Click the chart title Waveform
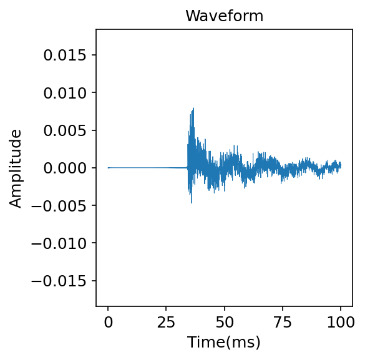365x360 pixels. click(225, 16)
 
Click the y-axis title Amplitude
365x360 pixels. click(16, 168)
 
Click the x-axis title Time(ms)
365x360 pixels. click(225, 342)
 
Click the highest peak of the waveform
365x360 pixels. click(193, 109)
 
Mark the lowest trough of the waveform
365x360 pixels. click(191, 202)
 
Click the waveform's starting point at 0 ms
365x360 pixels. click(108, 168)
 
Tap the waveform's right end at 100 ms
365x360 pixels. click(341, 165)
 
